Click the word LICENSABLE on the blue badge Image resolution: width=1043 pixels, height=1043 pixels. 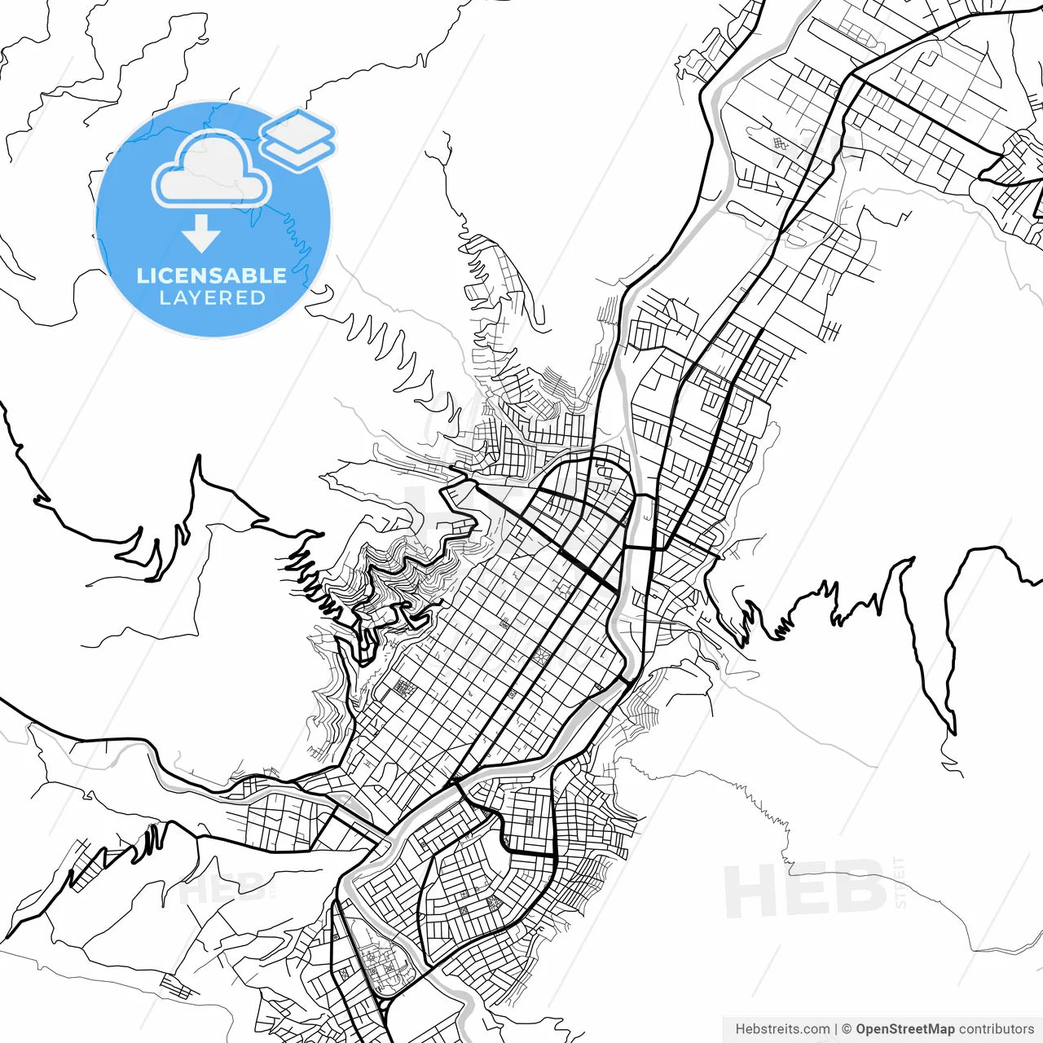point(212,275)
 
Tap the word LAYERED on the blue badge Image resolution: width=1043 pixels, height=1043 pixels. point(213,298)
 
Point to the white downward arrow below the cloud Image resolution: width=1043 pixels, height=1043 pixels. point(201,234)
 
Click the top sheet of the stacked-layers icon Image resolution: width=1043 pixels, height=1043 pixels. point(297,129)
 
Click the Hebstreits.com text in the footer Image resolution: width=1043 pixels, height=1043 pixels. point(782,1029)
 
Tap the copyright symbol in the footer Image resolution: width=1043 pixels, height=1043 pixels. point(847,1029)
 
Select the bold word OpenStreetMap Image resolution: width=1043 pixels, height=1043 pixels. point(904,1029)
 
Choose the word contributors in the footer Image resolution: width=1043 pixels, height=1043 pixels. point(996,1029)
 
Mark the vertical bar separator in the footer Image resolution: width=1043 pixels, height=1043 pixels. point(836,1029)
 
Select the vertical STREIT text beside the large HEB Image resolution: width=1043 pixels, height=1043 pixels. point(900,882)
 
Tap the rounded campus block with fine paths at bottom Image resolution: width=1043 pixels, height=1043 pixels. point(381,966)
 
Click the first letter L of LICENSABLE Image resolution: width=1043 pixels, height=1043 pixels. point(143,275)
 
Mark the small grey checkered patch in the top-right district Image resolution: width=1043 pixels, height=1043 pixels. point(781,144)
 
